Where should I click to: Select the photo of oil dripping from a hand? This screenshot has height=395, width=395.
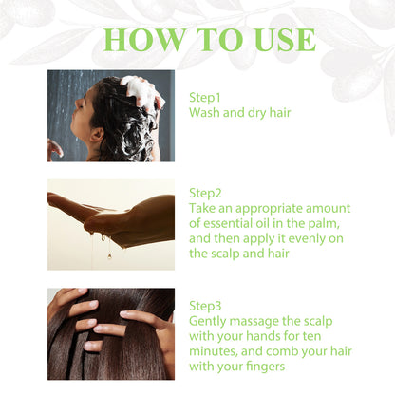tap(111, 224)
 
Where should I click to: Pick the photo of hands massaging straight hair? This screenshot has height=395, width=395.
tap(111, 333)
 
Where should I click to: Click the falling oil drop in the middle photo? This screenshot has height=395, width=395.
tap(109, 254)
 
